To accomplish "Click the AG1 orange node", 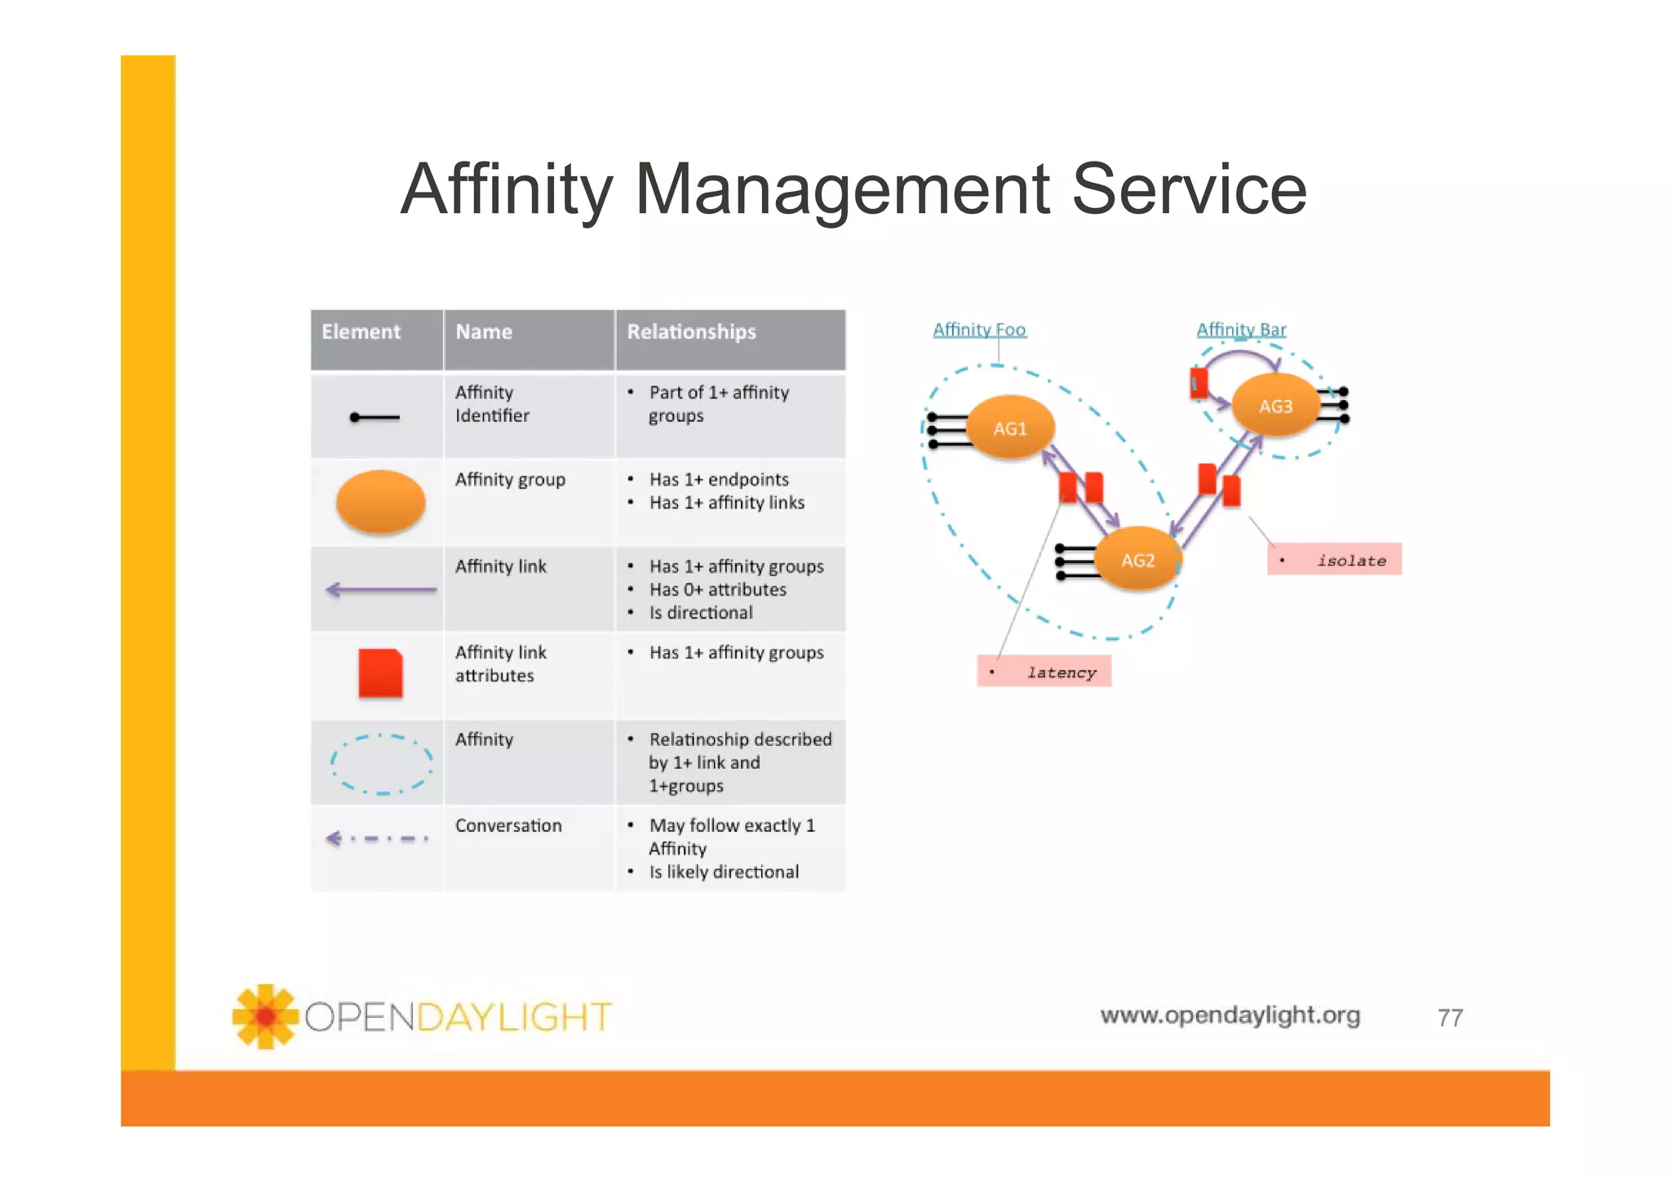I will (1010, 428).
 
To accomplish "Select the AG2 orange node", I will (1137, 560).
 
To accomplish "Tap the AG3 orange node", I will (1275, 406).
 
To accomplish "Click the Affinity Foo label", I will (979, 330).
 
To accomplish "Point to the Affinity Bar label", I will (1241, 330).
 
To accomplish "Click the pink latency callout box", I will (1044, 672).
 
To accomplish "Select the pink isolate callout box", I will (1334, 560).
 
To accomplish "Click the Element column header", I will (361, 332).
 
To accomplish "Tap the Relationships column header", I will (691, 332).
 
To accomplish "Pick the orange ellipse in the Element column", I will (381, 502).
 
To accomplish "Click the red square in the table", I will (381, 673).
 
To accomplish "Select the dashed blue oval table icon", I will (381, 764).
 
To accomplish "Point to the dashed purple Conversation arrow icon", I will (377, 838).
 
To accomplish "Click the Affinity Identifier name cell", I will (492, 404).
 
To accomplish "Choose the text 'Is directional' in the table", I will (701, 613).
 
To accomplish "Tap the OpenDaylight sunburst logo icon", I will (265, 1016).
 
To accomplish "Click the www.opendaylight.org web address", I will (1230, 1015).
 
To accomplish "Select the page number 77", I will (1450, 1018).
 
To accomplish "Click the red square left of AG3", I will (1199, 382).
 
